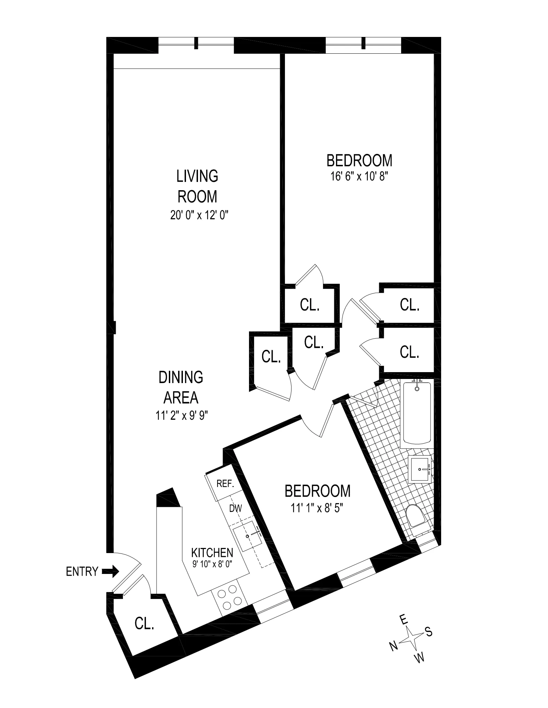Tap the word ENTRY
point(82,572)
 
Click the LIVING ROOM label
point(197,186)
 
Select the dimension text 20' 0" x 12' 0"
point(199,215)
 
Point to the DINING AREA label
point(181,387)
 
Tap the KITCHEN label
point(212,552)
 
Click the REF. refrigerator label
point(225,484)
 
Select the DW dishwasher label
point(235,509)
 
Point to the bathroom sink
point(420,469)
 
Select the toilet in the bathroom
point(415,517)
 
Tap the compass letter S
point(429,632)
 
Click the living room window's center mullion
point(196,43)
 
